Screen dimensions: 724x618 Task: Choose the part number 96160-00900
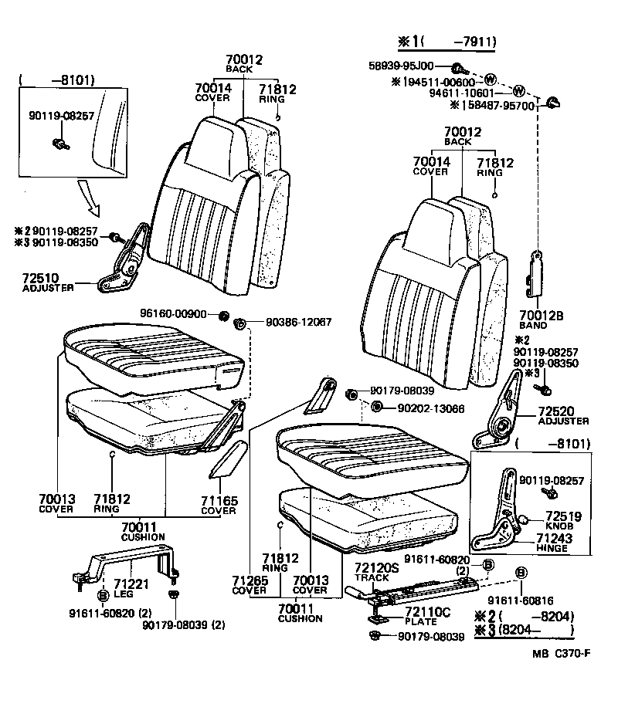pos(174,314)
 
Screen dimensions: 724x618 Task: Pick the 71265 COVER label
pos(250,584)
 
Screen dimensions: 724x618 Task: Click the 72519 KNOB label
pos(564,520)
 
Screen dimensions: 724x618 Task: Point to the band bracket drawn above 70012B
pos(535,273)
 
